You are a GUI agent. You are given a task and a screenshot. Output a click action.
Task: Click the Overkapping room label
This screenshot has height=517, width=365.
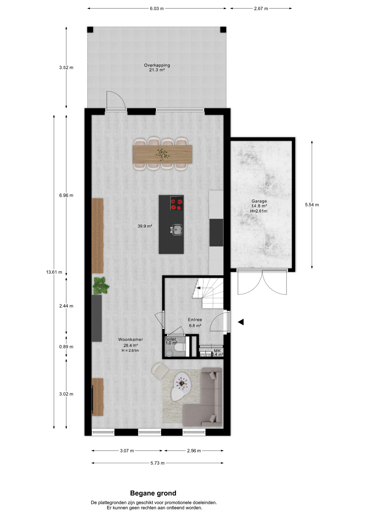click(x=157, y=65)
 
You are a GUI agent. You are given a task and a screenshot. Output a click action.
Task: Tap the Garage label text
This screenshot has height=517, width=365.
click(x=259, y=201)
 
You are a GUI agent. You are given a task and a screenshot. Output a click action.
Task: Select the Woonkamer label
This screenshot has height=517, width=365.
click(x=131, y=340)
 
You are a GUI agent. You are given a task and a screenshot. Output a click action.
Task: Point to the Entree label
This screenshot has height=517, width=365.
click(x=195, y=320)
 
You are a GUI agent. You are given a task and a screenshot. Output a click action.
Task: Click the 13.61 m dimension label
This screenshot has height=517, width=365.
click(x=54, y=272)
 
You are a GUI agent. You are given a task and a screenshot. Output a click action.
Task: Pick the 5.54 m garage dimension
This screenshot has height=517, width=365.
click(x=312, y=205)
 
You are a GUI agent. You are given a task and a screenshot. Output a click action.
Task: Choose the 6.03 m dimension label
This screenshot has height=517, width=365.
click(x=157, y=9)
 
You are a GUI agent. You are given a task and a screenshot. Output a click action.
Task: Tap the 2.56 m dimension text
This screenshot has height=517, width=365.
click(x=194, y=451)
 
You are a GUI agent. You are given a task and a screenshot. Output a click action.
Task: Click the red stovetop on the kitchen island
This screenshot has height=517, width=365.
click(x=177, y=203)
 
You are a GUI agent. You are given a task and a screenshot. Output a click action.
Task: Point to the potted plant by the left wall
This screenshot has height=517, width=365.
click(x=101, y=285)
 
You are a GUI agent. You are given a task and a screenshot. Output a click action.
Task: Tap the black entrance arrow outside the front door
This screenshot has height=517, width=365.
click(x=241, y=322)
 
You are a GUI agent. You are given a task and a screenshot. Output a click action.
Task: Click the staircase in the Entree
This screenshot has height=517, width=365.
click(x=208, y=293)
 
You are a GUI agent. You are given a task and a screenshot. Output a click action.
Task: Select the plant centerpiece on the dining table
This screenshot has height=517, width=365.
click(x=163, y=154)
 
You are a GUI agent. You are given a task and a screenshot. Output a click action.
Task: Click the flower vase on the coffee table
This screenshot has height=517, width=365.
click(x=181, y=382)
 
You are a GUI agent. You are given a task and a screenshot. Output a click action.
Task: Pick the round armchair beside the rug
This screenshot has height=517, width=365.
click(x=160, y=371)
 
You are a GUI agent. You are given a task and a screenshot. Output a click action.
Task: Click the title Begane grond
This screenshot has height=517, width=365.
click(x=153, y=493)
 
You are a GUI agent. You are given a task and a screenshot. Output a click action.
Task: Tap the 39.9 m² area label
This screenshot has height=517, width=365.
click(x=145, y=226)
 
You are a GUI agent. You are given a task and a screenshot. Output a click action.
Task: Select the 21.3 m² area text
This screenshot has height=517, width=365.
click(x=157, y=70)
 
